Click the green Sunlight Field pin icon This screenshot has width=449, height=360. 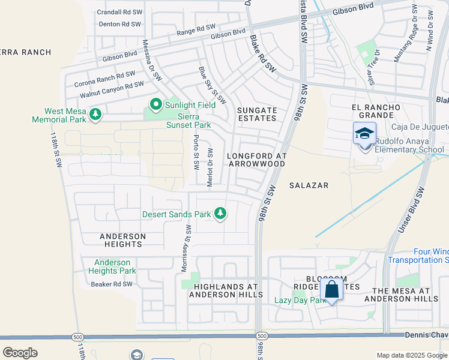coord(156,105)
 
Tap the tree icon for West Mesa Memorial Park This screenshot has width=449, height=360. coord(94,113)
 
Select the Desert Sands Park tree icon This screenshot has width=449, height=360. coord(221,214)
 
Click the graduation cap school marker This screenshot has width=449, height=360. coord(364,134)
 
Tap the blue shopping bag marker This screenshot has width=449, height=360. coord(331,290)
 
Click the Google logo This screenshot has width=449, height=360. coord(20,353)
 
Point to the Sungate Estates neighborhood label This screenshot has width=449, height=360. coord(257,114)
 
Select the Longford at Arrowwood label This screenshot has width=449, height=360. coord(257,159)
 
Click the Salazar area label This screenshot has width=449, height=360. coord(309,185)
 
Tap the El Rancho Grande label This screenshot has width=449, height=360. coord(376,111)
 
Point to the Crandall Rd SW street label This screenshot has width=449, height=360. coord(118,11)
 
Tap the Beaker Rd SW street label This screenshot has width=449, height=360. coord(111,284)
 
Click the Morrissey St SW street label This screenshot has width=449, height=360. coord(186,248)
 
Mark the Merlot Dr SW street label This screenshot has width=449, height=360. coord(210,168)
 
